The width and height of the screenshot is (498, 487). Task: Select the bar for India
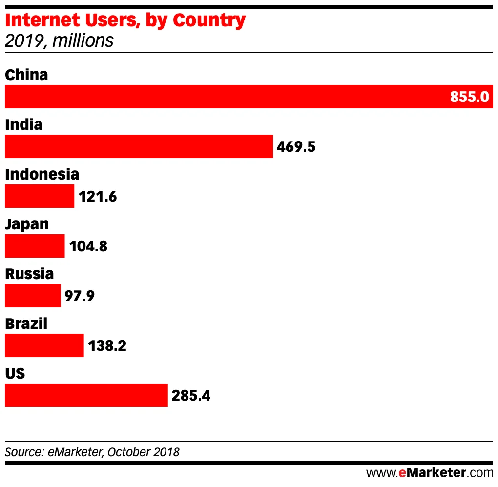tap(139, 146)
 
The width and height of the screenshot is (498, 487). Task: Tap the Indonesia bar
tap(40, 196)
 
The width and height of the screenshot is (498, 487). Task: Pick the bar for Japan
tap(35, 246)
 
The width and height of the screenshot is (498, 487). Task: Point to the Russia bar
tap(33, 296)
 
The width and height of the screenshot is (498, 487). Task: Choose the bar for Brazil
tap(44, 345)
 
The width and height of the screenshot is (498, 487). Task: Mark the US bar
tap(86, 395)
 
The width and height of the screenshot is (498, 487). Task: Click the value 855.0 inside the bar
tap(469, 97)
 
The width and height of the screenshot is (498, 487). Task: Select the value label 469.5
tap(296, 146)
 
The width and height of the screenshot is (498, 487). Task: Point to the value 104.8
tap(88, 246)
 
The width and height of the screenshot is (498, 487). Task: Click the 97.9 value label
tap(79, 296)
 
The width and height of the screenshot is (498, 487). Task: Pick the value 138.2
tap(107, 345)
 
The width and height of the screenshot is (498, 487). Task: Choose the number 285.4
tap(191, 395)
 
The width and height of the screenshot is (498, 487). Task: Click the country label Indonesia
tap(42, 174)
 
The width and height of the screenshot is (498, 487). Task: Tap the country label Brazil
tap(26, 323)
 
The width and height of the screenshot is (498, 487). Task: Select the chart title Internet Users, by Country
tap(125, 20)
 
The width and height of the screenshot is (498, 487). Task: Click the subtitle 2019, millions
tap(59, 41)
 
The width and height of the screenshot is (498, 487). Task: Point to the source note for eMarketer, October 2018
tap(92, 452)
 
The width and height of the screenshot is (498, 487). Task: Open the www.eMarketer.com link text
tap(430, 472)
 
